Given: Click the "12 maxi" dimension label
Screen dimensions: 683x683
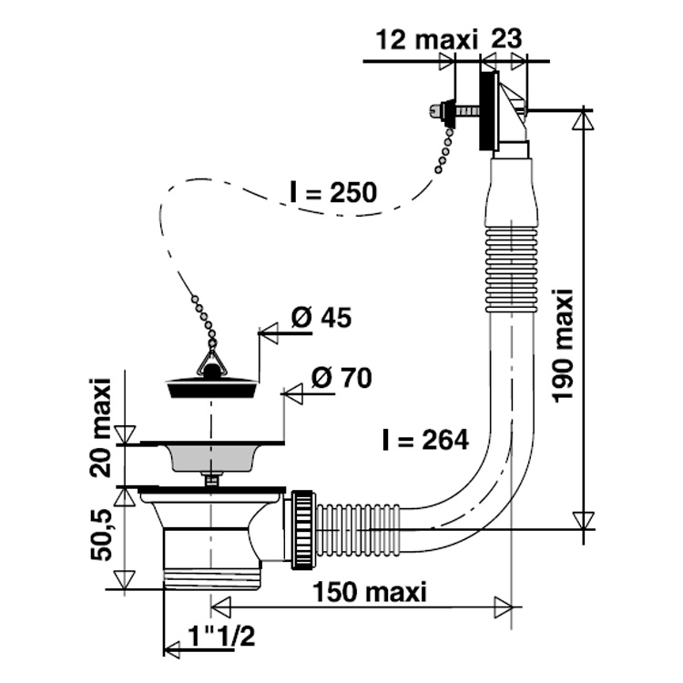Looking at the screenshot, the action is tap(426, 40).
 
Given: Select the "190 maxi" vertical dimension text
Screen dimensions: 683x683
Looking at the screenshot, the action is tap(562, 344).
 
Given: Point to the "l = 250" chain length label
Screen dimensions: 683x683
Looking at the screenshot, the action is tap(333, 192).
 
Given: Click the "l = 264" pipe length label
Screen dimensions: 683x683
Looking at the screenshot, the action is tap(425, 440).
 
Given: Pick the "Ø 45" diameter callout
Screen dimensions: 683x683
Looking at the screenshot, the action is tap(321, 318).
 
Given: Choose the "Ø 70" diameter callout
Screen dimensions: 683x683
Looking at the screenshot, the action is tap(341, 378).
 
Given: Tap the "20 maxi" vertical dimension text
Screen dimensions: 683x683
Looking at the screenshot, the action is tap(100, 428).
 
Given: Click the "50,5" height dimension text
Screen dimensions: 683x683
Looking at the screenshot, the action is tap(101, 535).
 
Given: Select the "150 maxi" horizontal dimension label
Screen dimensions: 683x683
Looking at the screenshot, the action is tap(371, 592).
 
